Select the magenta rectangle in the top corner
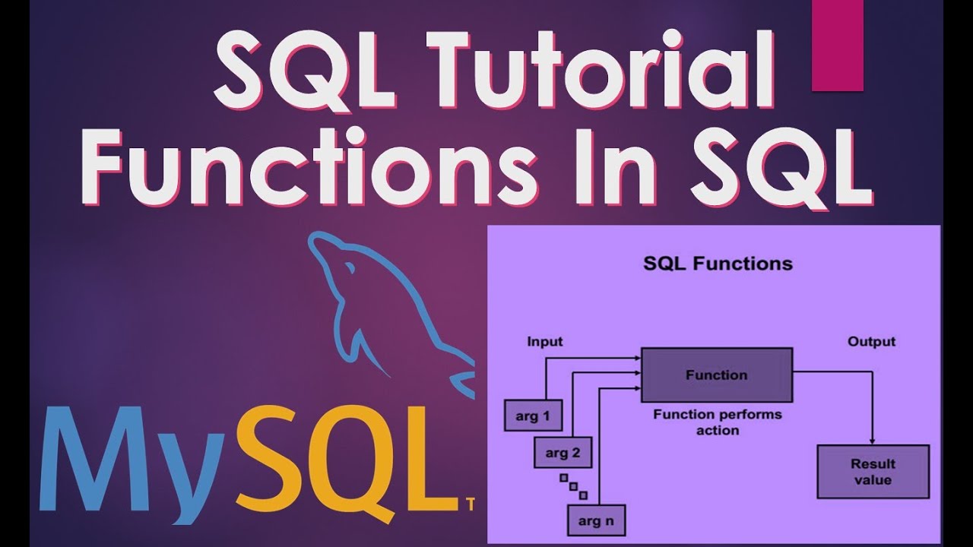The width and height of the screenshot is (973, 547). coord(837,46)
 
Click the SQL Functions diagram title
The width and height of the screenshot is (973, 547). coord(717,264)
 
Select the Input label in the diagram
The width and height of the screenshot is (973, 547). coord(544,341)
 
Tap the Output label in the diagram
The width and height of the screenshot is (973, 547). coord(871,341)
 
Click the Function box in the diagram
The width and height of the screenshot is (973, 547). coord(716,375)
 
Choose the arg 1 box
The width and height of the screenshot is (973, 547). coord(532,416)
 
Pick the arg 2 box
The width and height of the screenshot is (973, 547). coord(563,454)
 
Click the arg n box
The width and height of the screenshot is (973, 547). coord(595,522)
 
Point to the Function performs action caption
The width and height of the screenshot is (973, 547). coord(717,422)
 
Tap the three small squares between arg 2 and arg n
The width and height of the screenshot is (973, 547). coord(574,486)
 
